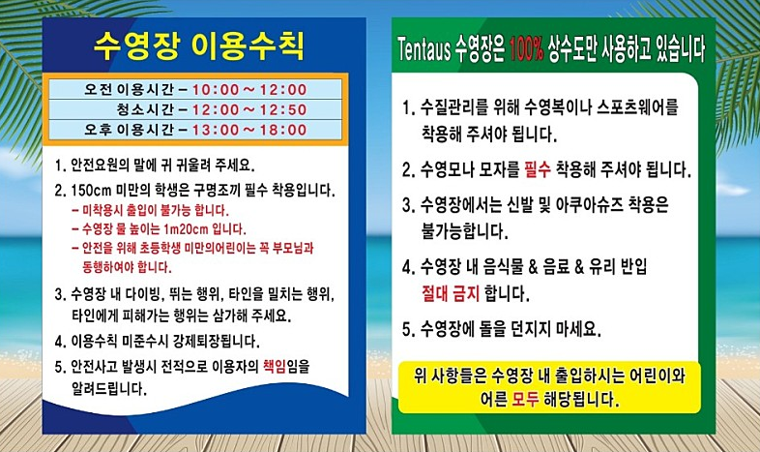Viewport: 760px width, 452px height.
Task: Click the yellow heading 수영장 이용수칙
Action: pyautogui.click(x=199, y=45)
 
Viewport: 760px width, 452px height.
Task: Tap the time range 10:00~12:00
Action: pyautogui.click(x=249, y=90)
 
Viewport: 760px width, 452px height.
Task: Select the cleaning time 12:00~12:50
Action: pyautogui.click(x=249, y=109)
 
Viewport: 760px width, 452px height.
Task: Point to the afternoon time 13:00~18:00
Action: pyautogui.click(x=249, y=130)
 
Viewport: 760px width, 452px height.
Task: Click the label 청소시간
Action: pyautogui.click(x=145, y=109)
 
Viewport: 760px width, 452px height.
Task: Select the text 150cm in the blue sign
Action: pyautogui.click(x=92, y=190)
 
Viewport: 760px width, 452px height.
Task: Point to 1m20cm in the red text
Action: pyautogui.click(x=186, y=229)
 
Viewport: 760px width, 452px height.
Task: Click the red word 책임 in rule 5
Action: pyautogui.click(x=275, y=366)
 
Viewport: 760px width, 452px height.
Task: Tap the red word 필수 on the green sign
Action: pyautogui.click(x=538, y=169)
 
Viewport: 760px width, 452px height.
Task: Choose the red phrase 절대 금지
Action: pyautogui.click(x=451, y=293)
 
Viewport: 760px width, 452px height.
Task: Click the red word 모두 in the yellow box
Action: pyautogui.click(x=525, y=399)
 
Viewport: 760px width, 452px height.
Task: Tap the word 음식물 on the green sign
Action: pyautogui.click(x=498, y=267)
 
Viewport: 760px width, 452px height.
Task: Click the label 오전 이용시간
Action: pyautogui.click(x=129, y=90)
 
